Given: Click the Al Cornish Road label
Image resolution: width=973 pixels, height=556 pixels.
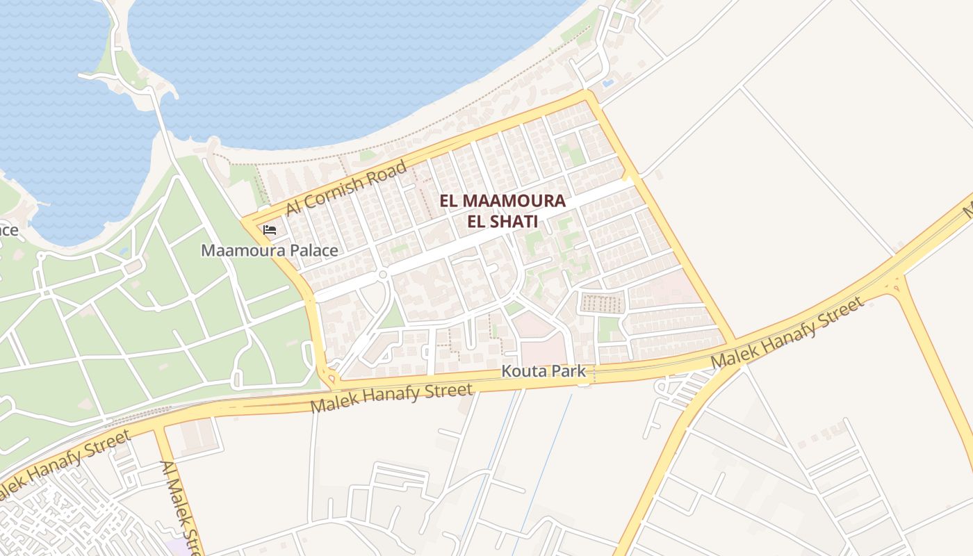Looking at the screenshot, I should (x=345, y=189).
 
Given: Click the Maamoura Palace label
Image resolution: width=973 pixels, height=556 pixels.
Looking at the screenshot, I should (x=270, y=250).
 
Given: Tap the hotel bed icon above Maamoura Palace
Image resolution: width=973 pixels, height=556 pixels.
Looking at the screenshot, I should (x=270, y=229).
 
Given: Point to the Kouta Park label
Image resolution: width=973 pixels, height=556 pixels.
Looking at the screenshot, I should (x=545, y=372).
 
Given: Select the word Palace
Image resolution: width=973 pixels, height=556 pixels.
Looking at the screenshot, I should (x=313, y=250).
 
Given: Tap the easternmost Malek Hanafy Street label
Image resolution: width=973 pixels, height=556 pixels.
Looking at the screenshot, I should (x=788, y=332).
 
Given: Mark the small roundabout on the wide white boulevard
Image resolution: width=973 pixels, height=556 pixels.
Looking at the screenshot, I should (x=382, y=275).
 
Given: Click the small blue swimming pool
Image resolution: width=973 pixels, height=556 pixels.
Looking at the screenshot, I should (x=608, y=83).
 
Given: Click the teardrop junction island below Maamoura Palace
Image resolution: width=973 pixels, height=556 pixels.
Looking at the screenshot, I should (x=332, y=379).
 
